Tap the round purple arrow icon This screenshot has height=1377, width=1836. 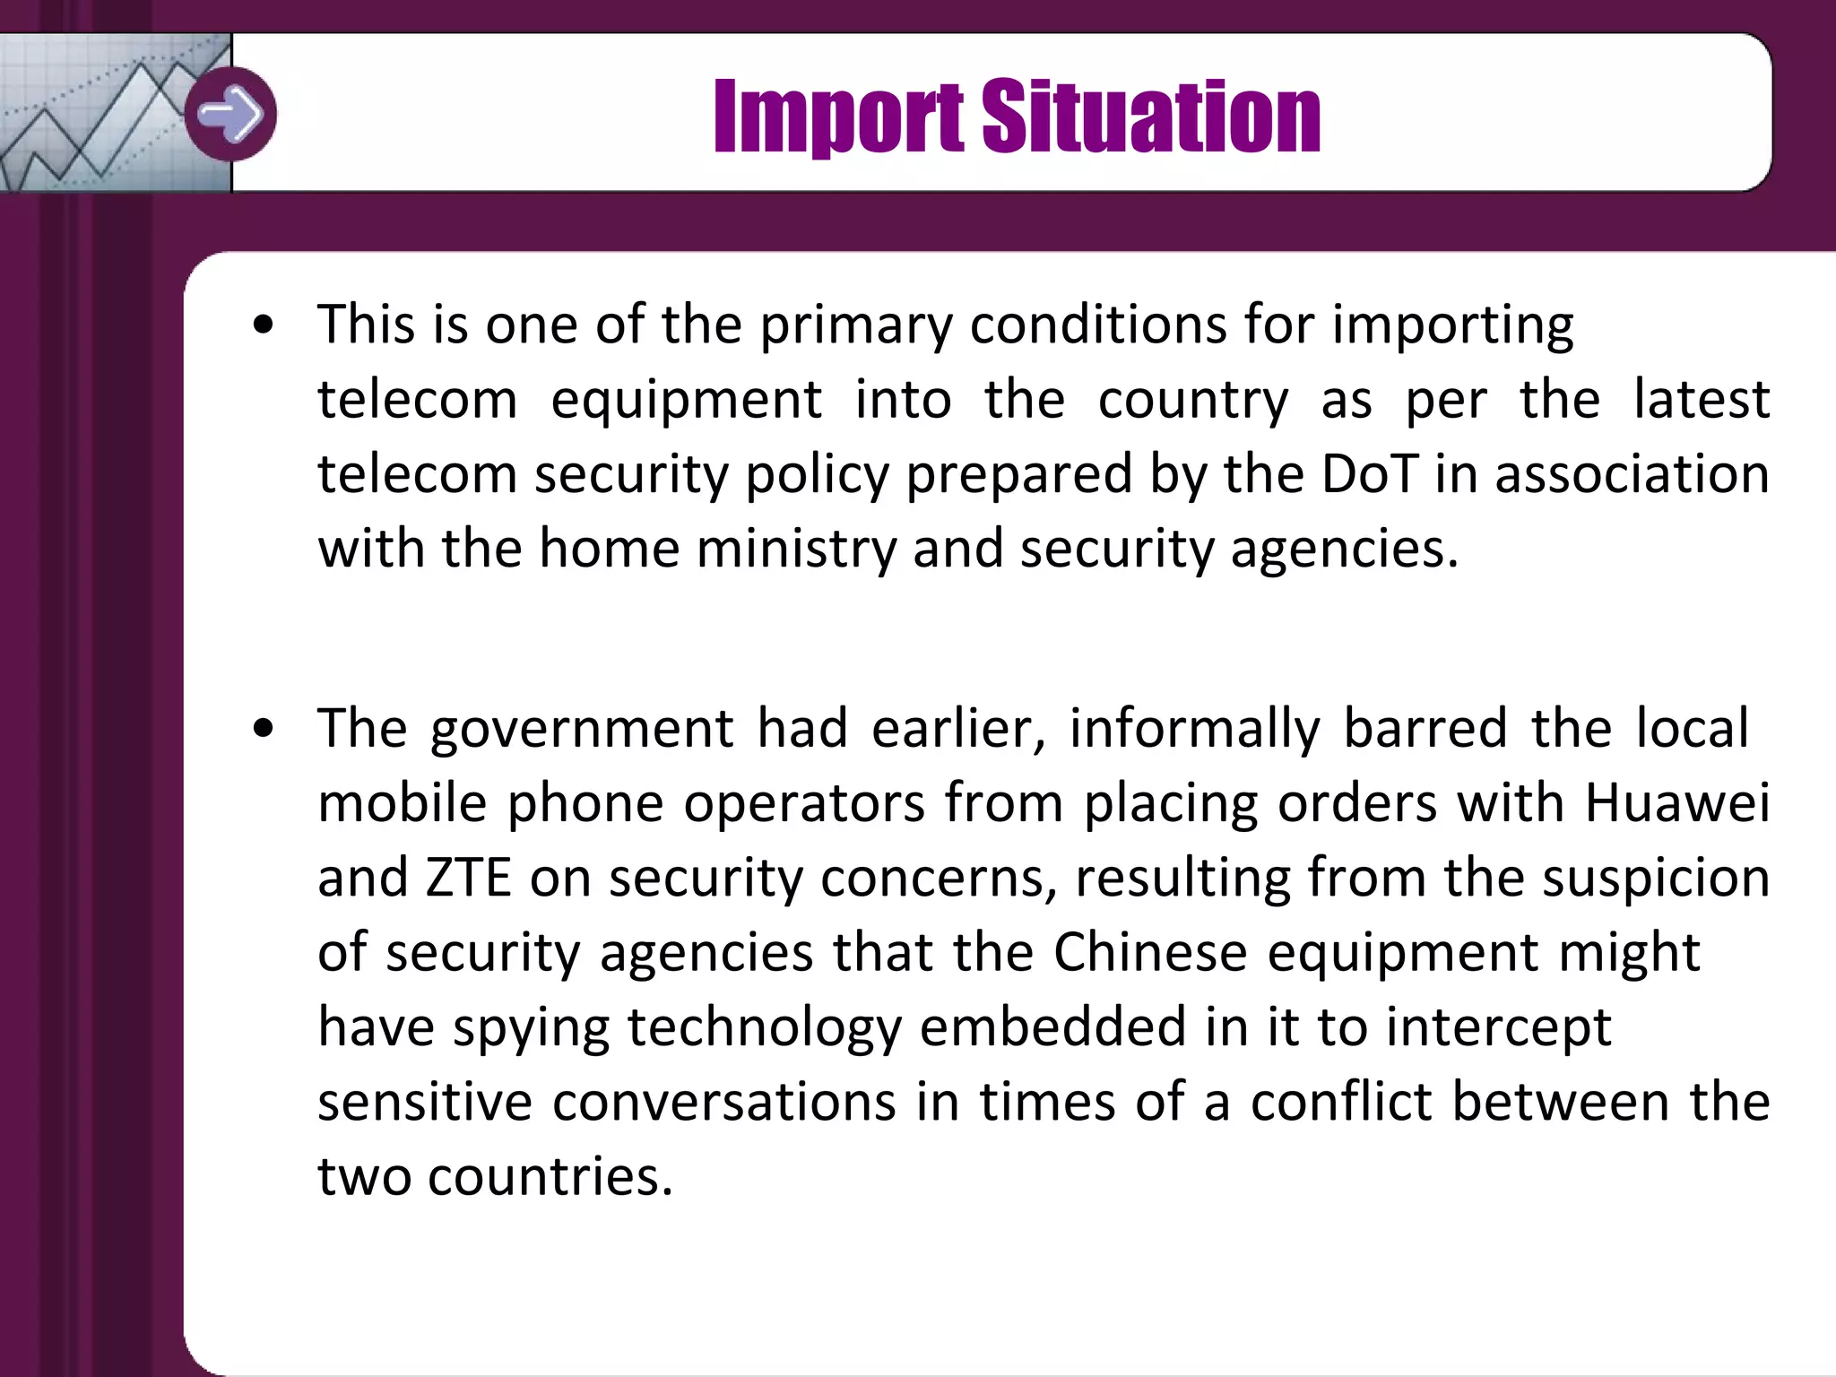[231, 114]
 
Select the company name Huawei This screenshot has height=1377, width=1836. [1677, 802]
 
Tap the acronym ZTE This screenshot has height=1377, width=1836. [468, 878]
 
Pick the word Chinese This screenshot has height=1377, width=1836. [1150, 952]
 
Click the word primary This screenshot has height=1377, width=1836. [856, 325]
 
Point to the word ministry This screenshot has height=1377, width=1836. [796, 549]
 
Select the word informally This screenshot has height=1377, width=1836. [1195, 728]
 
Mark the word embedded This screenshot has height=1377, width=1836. [1052, 1027]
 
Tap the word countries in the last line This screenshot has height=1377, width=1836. [550, 1176]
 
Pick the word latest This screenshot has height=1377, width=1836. [1702, 400]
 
